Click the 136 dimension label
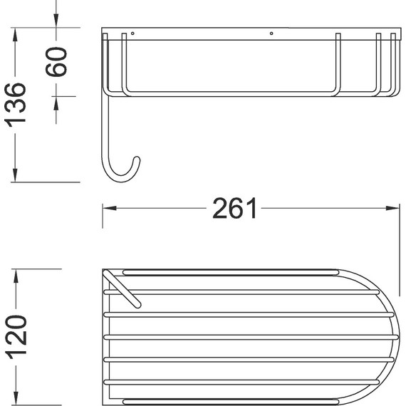[15, 105]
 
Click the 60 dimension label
[56, 62]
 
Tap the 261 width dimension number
[234, 209]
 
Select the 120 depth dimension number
[16, 337]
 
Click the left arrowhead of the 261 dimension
[109, 208]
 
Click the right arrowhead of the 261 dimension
[392, 208]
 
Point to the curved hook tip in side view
[137, 160]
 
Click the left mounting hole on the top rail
[132, 33]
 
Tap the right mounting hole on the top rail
[271, 33]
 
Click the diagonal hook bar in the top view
[122, 288]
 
